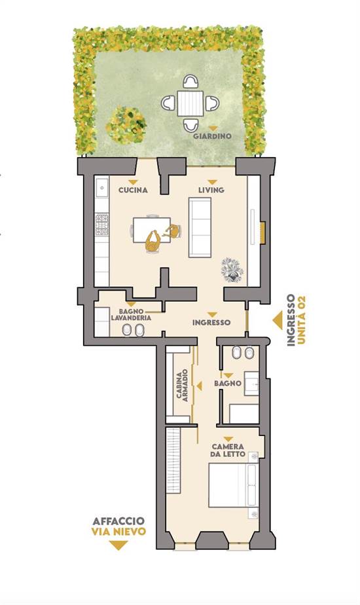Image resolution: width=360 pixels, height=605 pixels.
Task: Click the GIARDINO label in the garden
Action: [212, 136]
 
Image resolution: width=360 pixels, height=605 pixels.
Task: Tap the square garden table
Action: [190, 103]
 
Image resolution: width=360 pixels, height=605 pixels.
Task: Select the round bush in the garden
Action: [126, 124]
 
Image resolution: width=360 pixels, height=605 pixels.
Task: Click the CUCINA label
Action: [133, 190]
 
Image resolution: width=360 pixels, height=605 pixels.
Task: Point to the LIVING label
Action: [211, 190]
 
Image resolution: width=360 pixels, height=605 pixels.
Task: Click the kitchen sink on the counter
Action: [102, 189]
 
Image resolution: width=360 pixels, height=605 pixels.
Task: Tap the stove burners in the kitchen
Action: [102, 224]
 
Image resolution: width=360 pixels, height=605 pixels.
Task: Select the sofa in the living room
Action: [200, 228]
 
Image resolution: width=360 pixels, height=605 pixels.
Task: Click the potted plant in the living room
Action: [232, 269]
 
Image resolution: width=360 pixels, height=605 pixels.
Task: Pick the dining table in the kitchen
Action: [152, 230]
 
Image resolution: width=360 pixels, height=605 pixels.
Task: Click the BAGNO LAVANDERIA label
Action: [131, 314]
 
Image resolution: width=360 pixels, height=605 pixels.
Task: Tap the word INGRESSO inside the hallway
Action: [211, 322]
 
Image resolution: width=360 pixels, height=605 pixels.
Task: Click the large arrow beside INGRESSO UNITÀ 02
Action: [278, 321]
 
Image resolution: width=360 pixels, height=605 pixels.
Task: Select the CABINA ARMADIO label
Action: [182, 386]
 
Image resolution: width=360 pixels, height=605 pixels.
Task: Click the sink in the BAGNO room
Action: [251, 384]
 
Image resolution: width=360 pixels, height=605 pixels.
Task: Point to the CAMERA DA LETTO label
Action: [228, 450]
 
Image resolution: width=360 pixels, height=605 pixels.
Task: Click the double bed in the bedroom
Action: [234, 485]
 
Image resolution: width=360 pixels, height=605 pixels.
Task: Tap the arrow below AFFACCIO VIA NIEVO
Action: [118, 545]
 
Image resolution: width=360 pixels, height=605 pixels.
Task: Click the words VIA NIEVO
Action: [119, 532]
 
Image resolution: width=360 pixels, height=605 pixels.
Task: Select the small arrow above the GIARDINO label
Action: [212, 128]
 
